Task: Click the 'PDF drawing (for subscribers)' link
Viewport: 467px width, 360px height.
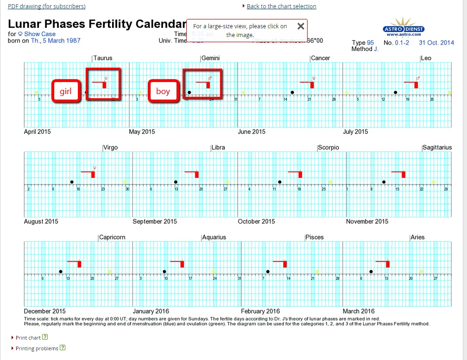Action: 46,6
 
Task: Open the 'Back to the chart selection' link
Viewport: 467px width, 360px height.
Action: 281,6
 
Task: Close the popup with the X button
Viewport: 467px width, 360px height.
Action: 301,26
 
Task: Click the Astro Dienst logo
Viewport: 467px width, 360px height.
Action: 404,28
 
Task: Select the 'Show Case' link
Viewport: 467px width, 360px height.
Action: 39,34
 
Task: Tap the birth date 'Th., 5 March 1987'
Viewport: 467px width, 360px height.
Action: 56,40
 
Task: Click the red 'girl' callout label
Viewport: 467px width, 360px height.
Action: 65,91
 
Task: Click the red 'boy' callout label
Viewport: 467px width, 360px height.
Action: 163,91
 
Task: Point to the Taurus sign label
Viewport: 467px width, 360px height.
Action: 102,58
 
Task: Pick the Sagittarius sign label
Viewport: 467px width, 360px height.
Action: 437,147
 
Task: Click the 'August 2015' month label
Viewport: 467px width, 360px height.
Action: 41,221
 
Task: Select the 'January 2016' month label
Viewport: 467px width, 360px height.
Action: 151,311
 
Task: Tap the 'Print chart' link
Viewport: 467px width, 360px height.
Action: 28,338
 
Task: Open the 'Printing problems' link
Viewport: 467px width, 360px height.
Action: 37,348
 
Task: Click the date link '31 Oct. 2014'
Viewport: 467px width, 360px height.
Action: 436,43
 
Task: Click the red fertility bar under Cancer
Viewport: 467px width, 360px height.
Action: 312,85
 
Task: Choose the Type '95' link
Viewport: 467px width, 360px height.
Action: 370,43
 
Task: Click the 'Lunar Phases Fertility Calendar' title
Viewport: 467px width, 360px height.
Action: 97,24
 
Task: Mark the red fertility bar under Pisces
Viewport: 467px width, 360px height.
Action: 285,264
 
